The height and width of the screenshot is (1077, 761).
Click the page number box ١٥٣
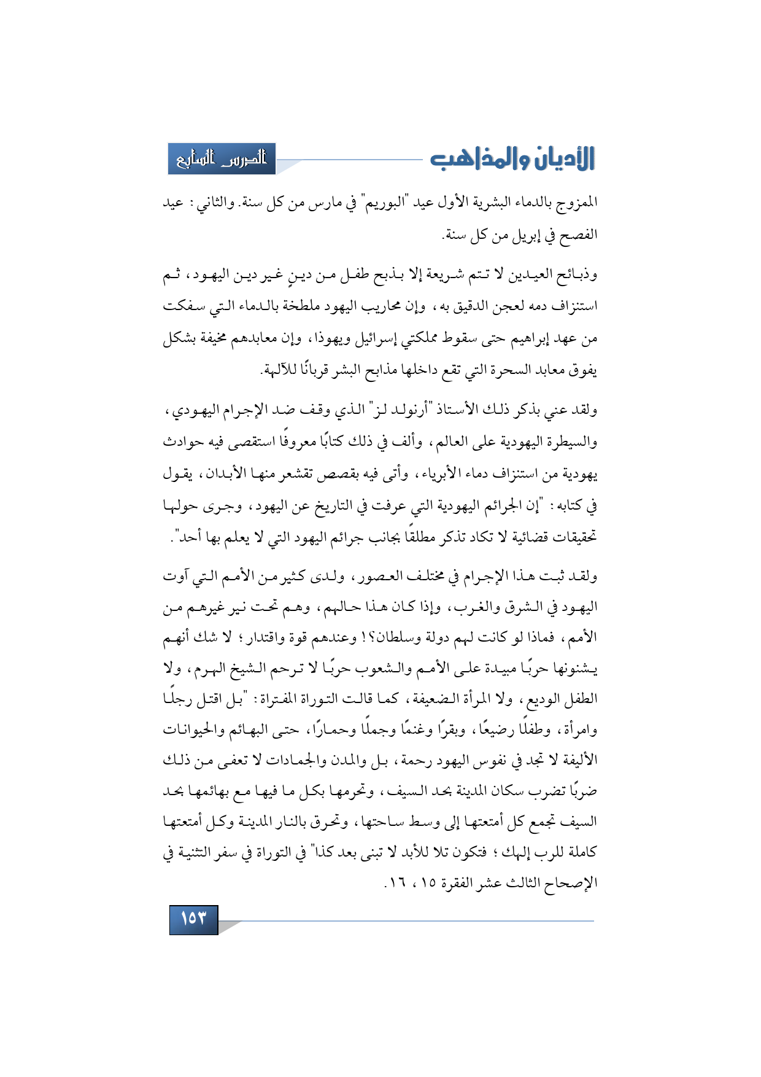[193, 919]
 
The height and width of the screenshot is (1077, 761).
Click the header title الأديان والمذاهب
[512, 159]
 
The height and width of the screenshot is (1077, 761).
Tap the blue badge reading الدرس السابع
[222, 159]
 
